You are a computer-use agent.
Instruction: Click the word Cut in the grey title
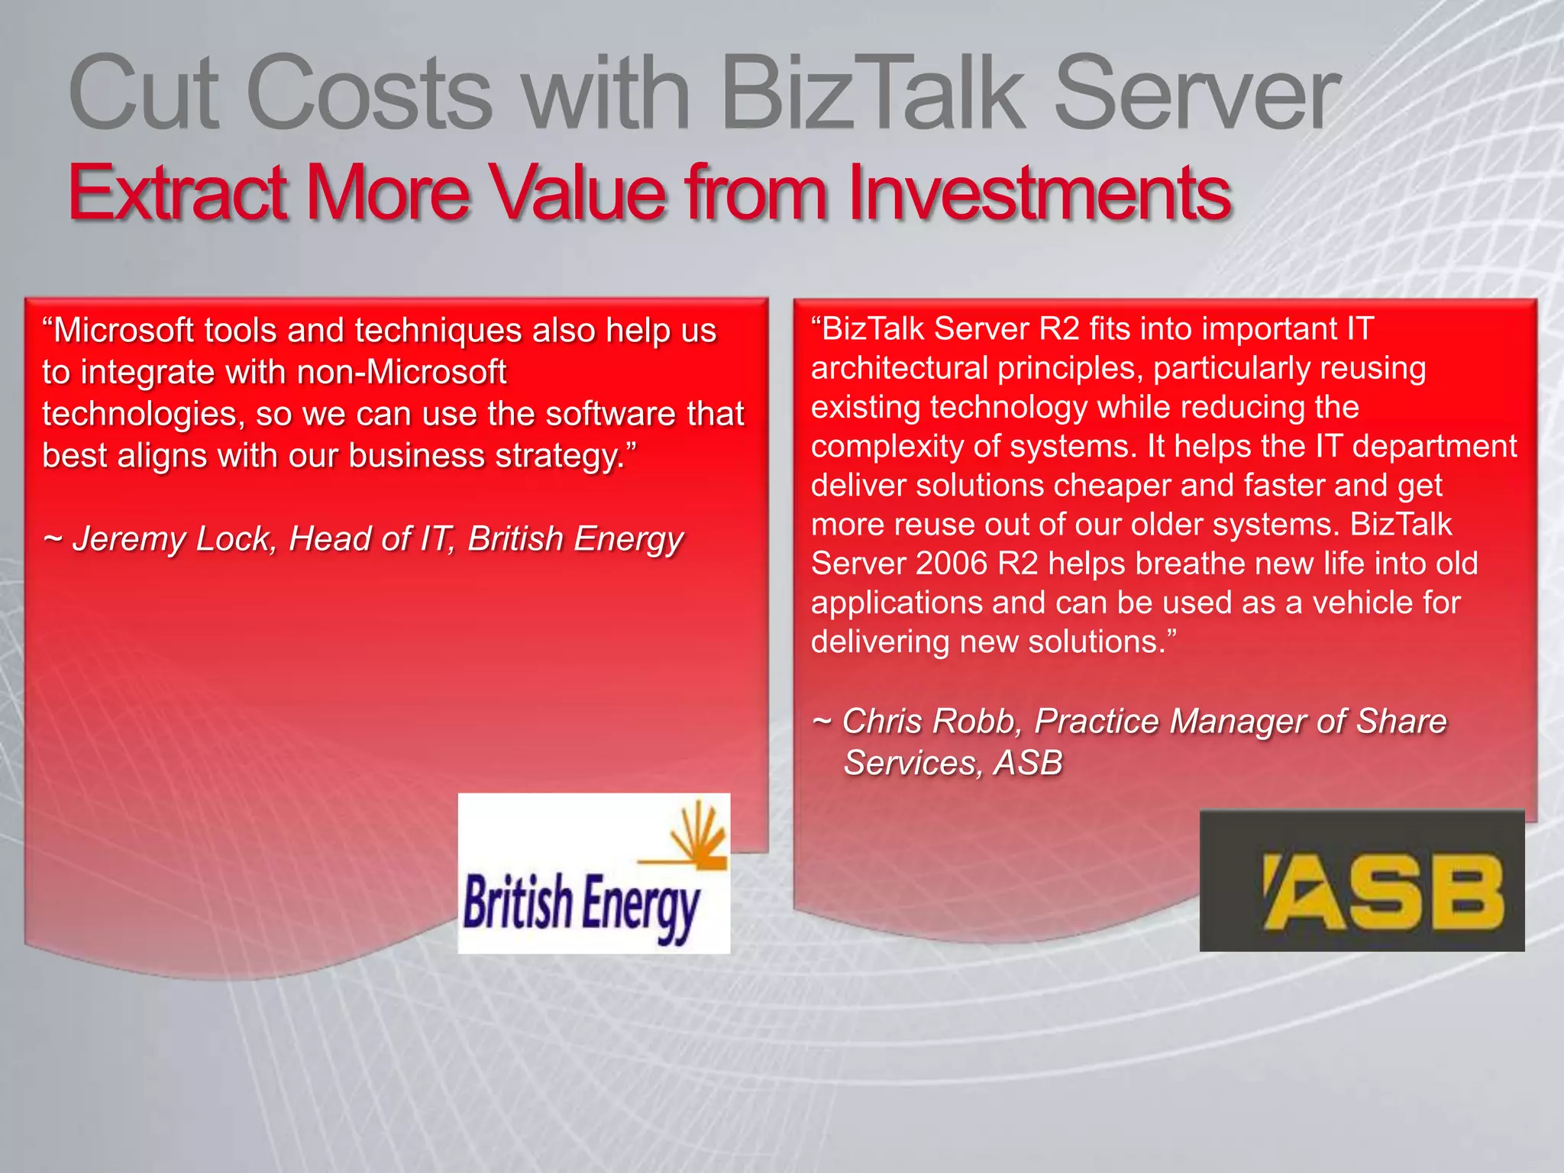pyautogui.click(x=144, y=93)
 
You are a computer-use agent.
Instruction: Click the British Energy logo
pyautogui.click(x=593, y=873)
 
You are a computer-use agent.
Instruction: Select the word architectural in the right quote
pyautogui.click(x=900, y=368)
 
